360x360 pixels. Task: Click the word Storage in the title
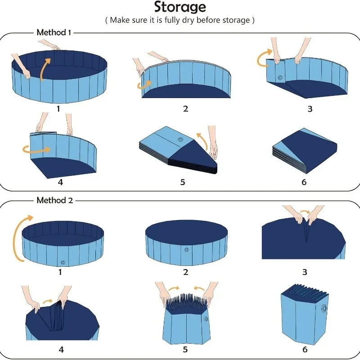180,7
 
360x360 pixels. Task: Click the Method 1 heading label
54,32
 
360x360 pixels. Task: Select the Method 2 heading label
54,200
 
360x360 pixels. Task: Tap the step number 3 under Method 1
310,109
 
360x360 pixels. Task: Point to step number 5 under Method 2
185,350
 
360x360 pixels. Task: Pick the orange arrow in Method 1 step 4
36,150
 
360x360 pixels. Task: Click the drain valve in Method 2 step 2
186,250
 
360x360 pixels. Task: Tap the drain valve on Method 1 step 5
180,139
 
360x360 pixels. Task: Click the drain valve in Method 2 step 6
324,308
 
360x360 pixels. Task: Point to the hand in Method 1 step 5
213,142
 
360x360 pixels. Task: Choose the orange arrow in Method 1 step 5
202,140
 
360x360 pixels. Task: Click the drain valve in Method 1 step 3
280,77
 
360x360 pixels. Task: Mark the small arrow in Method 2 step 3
305,211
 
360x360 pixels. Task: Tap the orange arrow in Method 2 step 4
48,301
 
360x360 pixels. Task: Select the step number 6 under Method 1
304,182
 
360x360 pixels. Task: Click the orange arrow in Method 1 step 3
264,58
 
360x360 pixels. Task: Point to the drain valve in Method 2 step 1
63,263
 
